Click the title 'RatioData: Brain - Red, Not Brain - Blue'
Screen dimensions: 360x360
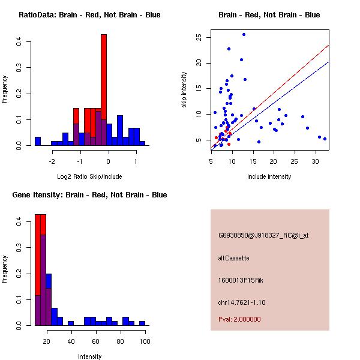coord(89,15)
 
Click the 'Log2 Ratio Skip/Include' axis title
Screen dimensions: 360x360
coord(89,176)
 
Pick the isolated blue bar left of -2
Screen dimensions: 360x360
coord(37,142)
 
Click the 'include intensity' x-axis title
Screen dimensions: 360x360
coord(269,176)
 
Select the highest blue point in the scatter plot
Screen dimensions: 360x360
coord(244,35)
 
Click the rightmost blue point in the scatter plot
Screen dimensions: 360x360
coord(325,139)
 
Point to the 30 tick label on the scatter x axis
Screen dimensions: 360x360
coord(316,161)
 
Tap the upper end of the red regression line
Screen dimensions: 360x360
coord(328,46)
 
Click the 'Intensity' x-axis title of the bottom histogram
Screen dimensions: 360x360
coord(89,356)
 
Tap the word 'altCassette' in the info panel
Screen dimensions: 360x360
coord(233,258)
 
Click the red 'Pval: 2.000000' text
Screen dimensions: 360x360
coord(239,319)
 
